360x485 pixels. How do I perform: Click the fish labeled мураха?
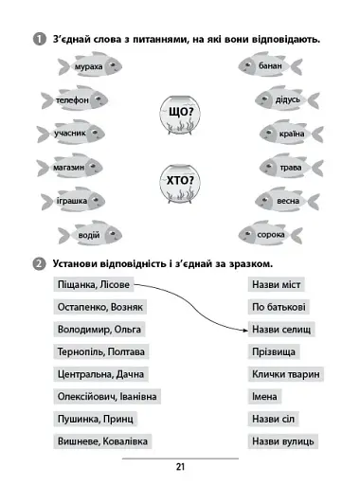(x=91, y=66)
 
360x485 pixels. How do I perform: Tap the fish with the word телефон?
(x=74, y=99)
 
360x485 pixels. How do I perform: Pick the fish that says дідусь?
(x=283, y=99)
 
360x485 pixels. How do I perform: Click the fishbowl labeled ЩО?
(x=180, y=115)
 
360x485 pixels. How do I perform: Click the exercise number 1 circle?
(x=38, y=38)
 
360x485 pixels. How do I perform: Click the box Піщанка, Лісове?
(x=88, y=285)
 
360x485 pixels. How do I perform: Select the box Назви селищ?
(x=281, y=330)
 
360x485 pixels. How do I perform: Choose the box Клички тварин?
(x=286, y=374)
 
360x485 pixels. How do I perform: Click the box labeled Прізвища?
(x=275, y=351)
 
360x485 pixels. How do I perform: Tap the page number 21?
(x=180, y=466)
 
